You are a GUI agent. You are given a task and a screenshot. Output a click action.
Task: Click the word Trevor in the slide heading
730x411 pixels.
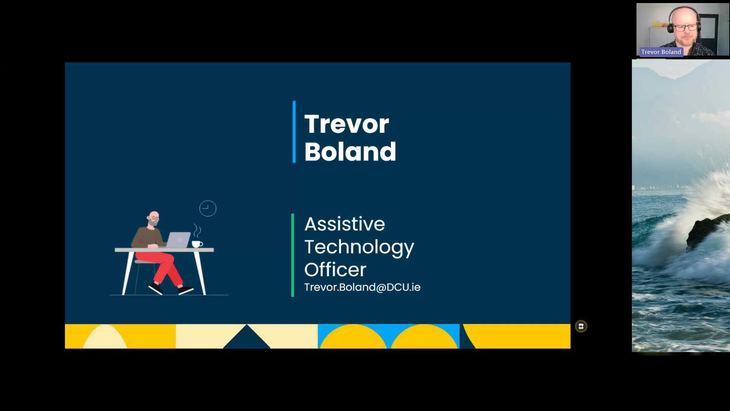tap(346, 124)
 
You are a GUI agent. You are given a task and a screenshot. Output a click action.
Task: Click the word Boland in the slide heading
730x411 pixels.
tap(350, 151)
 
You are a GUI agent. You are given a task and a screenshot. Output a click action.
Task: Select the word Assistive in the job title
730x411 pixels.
tap(344, 224)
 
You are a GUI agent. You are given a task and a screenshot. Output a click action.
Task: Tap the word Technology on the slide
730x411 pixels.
tap(359, 247)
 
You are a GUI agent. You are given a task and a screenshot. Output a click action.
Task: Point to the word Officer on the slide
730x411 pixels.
tap(335, 270)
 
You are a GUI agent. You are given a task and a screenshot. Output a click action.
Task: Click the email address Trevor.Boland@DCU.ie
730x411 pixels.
tap(362, 287)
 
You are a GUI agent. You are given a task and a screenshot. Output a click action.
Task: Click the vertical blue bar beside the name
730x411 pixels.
tap(294, 132)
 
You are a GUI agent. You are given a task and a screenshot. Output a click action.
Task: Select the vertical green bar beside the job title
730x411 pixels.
tap(293, 255)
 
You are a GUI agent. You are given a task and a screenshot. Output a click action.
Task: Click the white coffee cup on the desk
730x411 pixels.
tap(197, 244)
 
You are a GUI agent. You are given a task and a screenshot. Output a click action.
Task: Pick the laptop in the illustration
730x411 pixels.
tap(178, 240)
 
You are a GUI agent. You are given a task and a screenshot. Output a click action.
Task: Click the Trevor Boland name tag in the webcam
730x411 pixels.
tap(661, 52)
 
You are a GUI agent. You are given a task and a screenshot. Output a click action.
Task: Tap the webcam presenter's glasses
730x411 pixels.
tap(686, 27)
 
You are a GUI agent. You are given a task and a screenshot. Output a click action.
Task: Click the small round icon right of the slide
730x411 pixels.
tap(581, 326)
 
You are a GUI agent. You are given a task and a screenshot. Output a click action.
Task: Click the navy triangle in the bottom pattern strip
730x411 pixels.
tap(247, 337)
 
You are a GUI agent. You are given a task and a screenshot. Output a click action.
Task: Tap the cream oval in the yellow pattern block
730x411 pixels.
tap(105, 337)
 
